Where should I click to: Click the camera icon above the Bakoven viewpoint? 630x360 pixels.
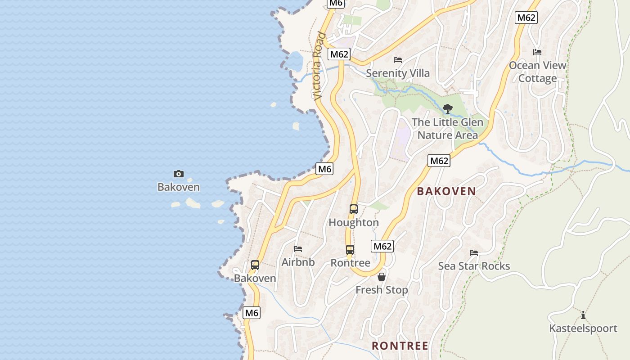point(178,174)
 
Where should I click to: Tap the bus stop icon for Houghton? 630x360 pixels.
point(354,209)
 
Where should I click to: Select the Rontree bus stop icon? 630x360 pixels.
point(350,250)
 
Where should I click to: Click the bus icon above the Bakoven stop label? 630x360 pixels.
point(255,265)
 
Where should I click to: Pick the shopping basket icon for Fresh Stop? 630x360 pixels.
point(382,277)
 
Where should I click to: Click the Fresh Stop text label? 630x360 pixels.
point(382,290)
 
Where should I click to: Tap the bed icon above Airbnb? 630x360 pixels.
point(298,248)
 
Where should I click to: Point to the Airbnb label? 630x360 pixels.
point(298,262)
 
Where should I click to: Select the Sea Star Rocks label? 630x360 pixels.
point(474,266)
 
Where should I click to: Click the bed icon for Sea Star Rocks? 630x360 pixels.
point(474,252)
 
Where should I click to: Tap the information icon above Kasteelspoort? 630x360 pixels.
point(583,315)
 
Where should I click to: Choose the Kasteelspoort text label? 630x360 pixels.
point(583,328)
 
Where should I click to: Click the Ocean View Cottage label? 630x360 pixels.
point(537,72)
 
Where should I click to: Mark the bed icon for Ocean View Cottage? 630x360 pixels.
point(537,52)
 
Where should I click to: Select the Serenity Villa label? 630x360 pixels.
point(398,73)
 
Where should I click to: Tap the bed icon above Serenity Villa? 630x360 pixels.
point(398,59)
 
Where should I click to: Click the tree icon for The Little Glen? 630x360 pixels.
point(447,108)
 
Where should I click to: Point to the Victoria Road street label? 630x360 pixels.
point(319,66)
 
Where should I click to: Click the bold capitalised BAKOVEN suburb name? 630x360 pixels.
point(446,191)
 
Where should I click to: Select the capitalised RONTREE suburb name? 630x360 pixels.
point(400,346)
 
